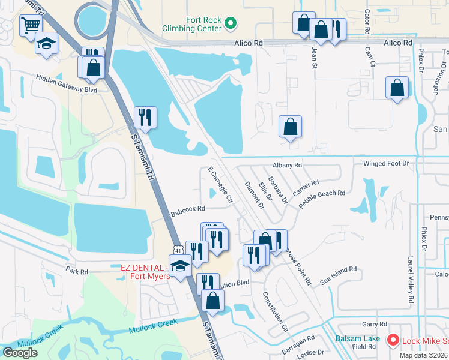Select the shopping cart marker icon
tap(30, 25)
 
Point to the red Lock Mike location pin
tap(393, 340)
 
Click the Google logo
tap(20, 353)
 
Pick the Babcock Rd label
tap(188, 209)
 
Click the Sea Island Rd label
tap(339, 275)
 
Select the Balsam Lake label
tap(357, 338)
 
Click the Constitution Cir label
tap(276, 313)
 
